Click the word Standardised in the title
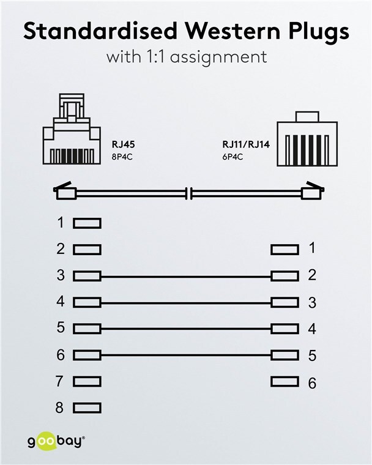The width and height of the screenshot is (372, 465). [x=100, y=31]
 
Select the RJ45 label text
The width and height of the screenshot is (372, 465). [x=123, y=144]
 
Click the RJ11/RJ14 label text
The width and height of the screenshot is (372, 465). [x=246, y=144]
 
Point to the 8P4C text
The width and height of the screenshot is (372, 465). [x=122, y=157]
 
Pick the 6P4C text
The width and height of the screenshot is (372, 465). [x=232, y=157]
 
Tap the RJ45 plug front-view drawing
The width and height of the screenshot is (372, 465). [x=72, y=129]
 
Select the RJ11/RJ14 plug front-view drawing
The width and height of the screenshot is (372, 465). [x=307, y=139]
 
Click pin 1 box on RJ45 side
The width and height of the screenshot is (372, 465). [x=87, y=223]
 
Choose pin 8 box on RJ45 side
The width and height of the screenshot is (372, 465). [x=87, y=407]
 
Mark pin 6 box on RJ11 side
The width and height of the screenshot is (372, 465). [x=285, y=381]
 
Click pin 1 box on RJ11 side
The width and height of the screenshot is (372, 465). [x=285, y=250]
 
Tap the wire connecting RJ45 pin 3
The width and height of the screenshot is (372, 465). [x=186, y=277]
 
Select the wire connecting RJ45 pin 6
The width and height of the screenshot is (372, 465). [x=186, y=355]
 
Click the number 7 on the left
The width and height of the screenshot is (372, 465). [x=59, y=381]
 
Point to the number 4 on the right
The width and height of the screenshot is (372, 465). [x=312, y=329]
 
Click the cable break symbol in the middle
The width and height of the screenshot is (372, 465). [x=188, y=193]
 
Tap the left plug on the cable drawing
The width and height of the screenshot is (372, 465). [x=65, y=191]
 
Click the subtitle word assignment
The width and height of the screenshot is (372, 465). [x=218, y=58]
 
